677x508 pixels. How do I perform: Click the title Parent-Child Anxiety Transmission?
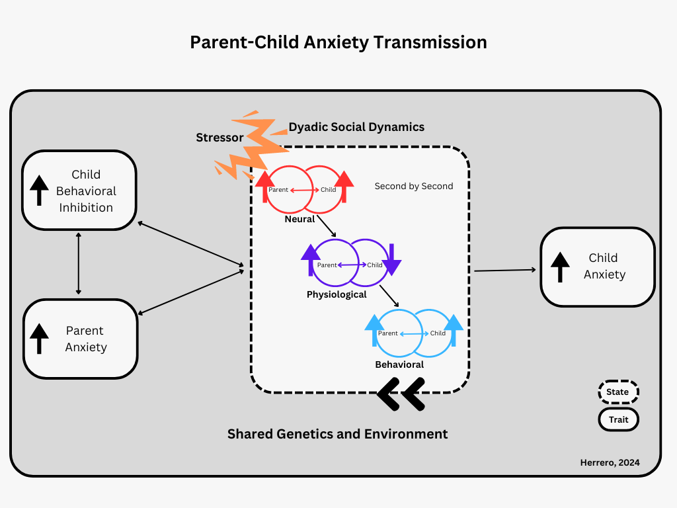click(338, 42)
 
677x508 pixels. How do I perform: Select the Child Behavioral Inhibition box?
click(79, 190)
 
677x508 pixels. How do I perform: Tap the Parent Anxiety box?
click(80, 339)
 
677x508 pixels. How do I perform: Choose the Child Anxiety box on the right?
click(598, 267)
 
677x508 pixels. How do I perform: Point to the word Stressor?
click(219, 138)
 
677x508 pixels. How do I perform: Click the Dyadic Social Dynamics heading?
click(356, 126)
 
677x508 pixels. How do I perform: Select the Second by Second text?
click(414, 186)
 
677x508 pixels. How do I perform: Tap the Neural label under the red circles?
click(299, 219)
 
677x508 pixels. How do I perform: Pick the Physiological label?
click(337, 294)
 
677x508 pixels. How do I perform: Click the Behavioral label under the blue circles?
click(399, 364)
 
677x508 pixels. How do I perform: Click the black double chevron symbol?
click(401, 394)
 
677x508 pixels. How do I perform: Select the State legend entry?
click(618, 392)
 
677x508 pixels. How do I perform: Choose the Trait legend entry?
click(618, 419)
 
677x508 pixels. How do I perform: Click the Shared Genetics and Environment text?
click(337, 434)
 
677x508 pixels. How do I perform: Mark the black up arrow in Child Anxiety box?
click(561, 267)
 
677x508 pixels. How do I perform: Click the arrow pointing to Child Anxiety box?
click(505, 270)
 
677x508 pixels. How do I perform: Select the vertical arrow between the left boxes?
click(79, 263)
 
